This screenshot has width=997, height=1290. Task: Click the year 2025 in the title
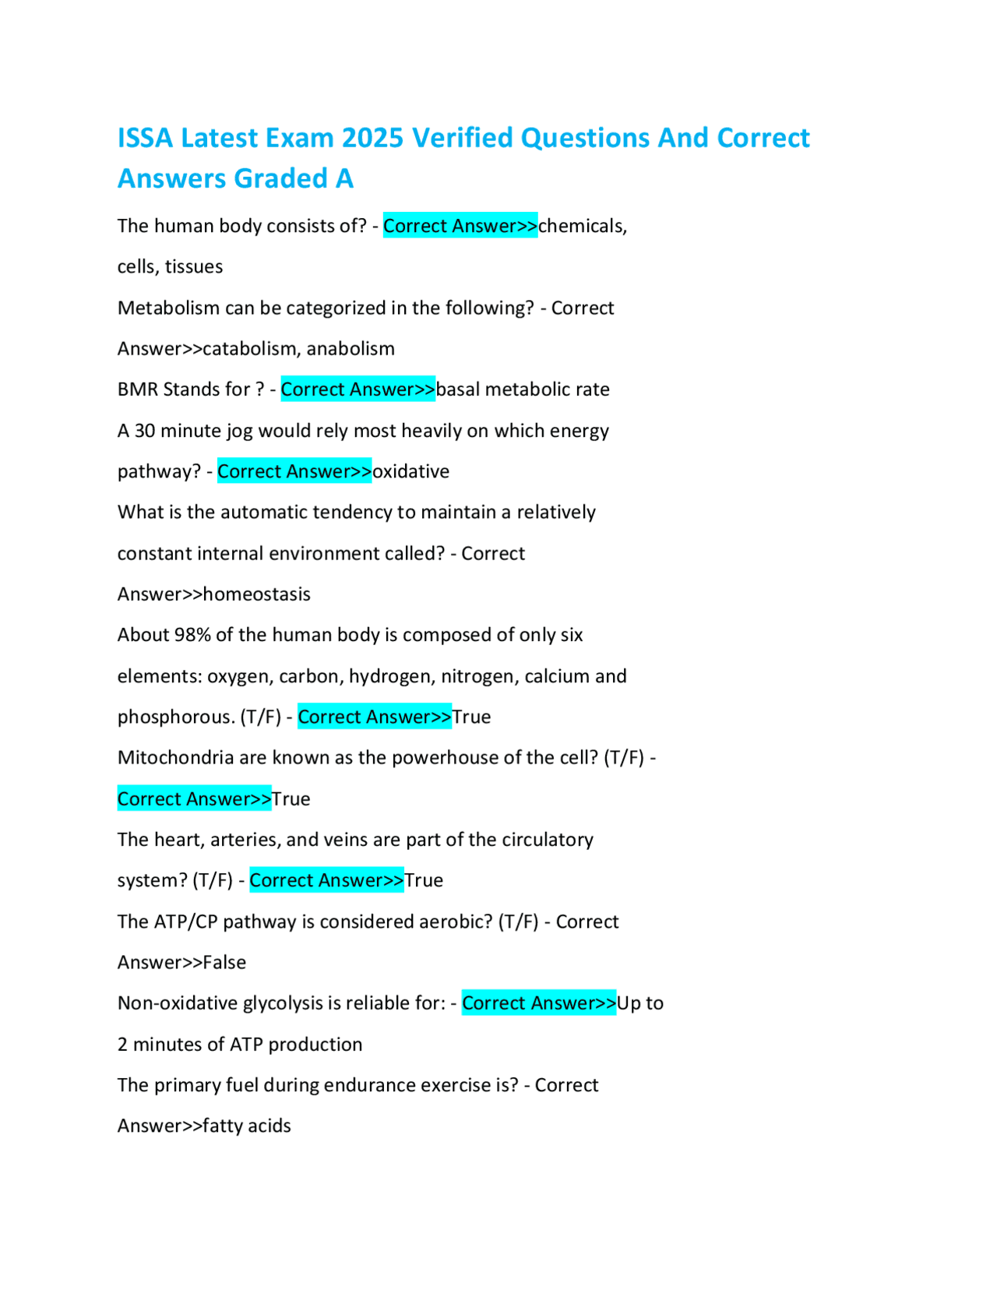372,138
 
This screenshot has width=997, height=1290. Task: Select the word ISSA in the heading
145,138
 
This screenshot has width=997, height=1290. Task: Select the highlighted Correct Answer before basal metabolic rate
358,389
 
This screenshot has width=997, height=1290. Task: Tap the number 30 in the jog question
145,431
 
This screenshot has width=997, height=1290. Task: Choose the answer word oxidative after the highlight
410,471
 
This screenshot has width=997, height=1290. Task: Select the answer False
224,963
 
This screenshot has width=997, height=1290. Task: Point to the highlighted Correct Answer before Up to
538,1003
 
